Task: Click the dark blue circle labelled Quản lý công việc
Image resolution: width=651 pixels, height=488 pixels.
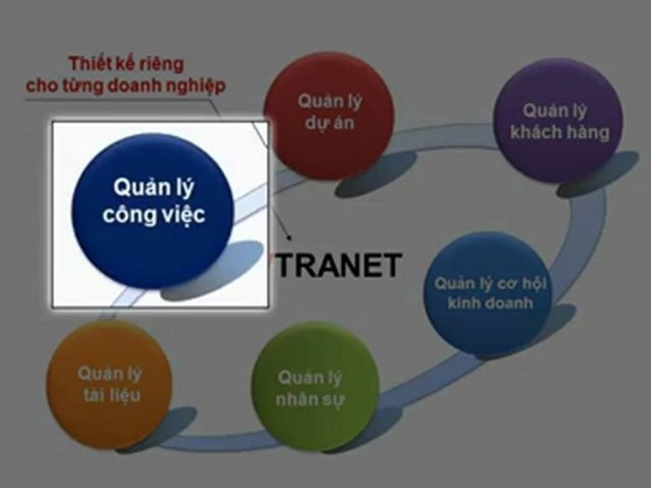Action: [153, 211]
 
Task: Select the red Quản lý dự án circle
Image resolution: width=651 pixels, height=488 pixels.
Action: [329, 115]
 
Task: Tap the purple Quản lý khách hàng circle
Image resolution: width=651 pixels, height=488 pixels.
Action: [557, 121]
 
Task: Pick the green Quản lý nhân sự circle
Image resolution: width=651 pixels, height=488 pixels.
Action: [315, 386]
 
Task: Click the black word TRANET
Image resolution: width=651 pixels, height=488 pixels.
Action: [339, 266]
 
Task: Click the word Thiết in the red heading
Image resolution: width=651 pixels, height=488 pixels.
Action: [86, 64]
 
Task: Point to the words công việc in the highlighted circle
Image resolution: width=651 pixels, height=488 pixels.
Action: [154, 214]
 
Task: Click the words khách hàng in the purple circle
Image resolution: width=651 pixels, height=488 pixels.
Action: [560, 132]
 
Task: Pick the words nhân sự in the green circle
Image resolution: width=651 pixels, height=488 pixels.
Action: [310, 399]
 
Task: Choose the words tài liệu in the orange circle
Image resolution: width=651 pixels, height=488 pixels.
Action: [112, 395]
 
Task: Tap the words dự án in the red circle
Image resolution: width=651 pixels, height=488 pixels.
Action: [330, 123]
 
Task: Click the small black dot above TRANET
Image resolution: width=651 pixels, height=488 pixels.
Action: [290, 238]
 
